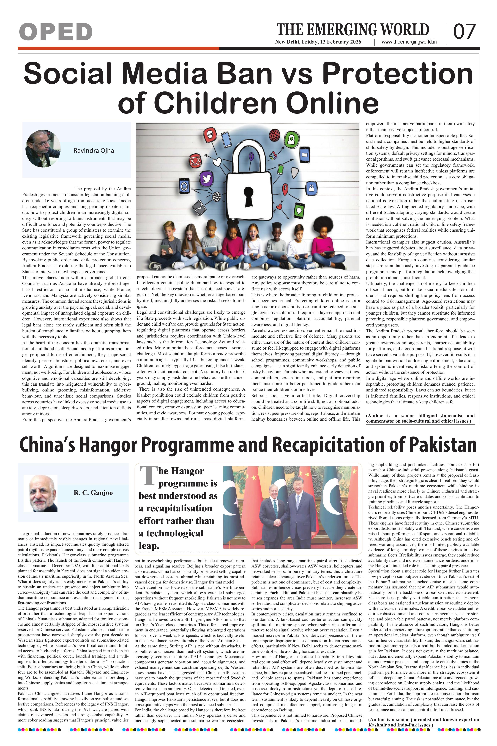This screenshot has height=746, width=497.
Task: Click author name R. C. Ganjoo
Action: [x=93, y=493]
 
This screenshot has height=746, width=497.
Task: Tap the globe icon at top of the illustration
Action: [x=275, y=135]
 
